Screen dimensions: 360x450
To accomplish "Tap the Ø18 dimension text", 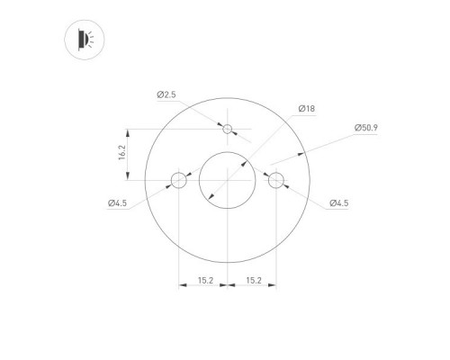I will (x=307, y=109).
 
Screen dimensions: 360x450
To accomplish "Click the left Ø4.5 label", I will (x=118, y=203).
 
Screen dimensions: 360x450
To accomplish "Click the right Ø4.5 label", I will (x=338, y=203).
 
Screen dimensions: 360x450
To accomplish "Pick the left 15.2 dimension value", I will (x=204, y=282).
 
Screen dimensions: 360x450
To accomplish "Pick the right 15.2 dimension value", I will (x=253, y=282).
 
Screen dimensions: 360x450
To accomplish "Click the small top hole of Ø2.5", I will (x=228, y=130).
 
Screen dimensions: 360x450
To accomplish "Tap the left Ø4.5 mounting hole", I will (x=179, y=180).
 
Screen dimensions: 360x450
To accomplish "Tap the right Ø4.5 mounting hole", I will (x=276, y=180).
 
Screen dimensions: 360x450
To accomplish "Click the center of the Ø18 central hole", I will (x=228, y=180).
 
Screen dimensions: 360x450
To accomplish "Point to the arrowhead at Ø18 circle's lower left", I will (x=210, y=197).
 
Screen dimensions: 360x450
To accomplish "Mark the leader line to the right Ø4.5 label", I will (x=306, y=197).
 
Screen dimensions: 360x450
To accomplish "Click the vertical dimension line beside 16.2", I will (x=130, y=155).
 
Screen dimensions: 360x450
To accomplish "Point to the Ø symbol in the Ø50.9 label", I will (x=357, y=129).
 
